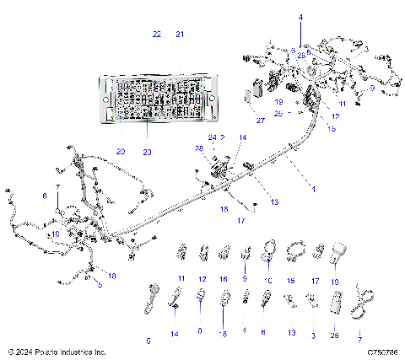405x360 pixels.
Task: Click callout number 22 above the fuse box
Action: click(x=156, y=35)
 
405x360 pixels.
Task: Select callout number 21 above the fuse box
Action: click(x=180, y=35)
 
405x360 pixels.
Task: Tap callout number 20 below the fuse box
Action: click(x=120, y=152)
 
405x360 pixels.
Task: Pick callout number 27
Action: click(x=259, y=121)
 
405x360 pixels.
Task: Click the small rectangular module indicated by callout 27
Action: click(x=252, y=94)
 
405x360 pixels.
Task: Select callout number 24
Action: click(x=213, y=137)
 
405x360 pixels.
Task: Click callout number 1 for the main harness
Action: click(x=314, y=191)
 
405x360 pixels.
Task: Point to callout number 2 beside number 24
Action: click(x=223, y=137)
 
